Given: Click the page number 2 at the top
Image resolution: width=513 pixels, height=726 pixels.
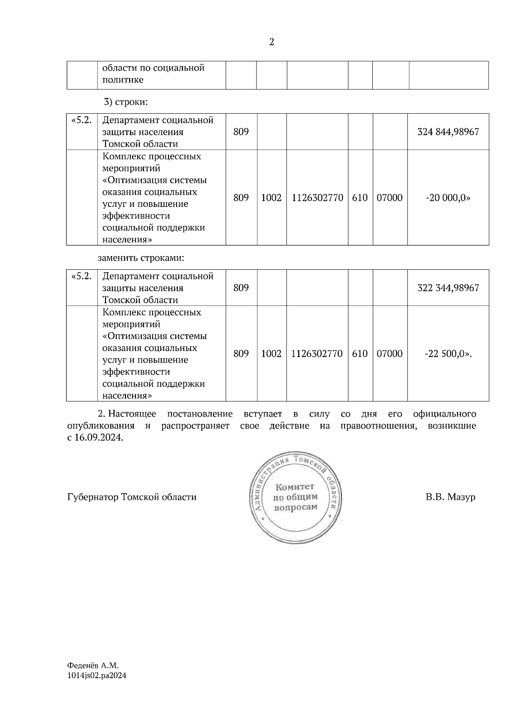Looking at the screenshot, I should tap(271, 42).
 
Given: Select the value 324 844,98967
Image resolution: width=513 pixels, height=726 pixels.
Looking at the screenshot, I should tap(448, 132).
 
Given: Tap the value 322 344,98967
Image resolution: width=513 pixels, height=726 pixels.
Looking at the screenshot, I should tap(448, 288).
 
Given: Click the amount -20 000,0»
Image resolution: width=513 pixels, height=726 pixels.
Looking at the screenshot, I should tap(448, 198).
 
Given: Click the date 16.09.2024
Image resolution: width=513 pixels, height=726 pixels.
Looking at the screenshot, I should tap(98, 438).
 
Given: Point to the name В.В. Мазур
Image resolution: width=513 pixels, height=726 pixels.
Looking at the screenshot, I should tap(450, 497).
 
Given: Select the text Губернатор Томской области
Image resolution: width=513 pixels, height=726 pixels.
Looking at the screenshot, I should tap(132, 497).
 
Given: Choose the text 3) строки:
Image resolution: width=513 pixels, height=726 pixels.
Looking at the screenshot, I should tap(126, 102).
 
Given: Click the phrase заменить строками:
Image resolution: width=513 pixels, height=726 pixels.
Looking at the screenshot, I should tap(141, 258).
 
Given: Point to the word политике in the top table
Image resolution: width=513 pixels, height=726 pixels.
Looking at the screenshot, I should tap(123, 80).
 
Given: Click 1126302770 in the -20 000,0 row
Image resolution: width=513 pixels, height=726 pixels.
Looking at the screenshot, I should tap(317, 198).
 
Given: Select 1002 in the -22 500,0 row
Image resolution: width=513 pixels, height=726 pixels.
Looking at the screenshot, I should tap(271, 354).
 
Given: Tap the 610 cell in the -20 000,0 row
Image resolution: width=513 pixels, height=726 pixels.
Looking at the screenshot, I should tap(360, 198).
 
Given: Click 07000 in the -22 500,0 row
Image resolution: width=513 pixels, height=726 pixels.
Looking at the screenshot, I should tap(389, 354).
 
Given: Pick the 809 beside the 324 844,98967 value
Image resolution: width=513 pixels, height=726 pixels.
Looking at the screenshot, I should tap(241, 132).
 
